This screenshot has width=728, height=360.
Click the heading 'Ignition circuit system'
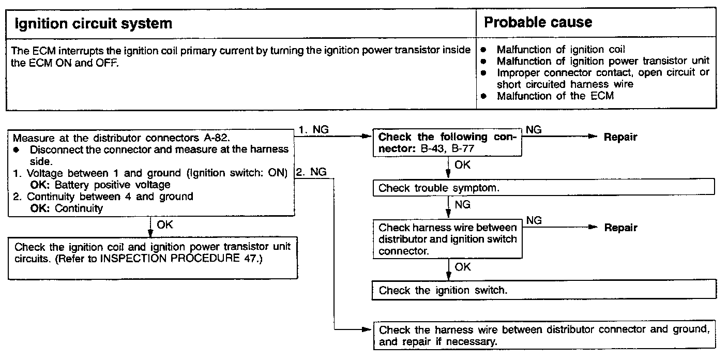pos(93,23)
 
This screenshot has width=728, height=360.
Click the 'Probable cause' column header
pos(538,22)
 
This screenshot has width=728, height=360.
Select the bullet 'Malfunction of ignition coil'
pos(560,50)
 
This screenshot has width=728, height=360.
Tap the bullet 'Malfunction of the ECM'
pos(555,96)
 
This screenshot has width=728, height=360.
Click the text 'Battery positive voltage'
pos(112,185)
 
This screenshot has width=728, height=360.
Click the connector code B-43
pos(443,149)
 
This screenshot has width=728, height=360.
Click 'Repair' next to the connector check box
pos(620,137)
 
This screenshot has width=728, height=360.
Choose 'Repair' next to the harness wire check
pos(620,228)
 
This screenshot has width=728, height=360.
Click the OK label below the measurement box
pos(164,225)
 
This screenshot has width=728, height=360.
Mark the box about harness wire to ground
pos(543,336)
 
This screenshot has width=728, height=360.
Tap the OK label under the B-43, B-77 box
pos(462,165)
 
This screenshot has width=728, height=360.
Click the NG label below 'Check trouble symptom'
pos(462,205)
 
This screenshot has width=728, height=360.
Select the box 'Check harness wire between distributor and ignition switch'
pos(448,239)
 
